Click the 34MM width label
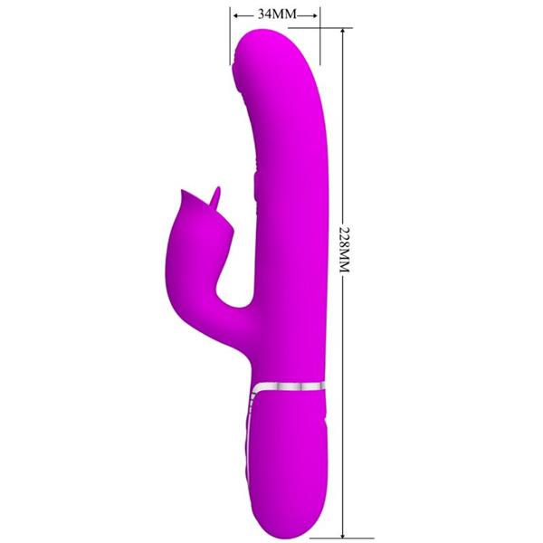coord(274,14)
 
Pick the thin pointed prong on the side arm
coord(214,192)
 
